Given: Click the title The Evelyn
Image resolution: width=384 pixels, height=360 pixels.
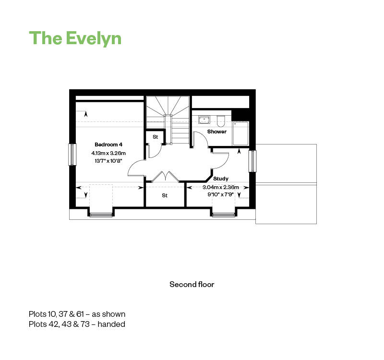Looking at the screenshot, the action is (x=75, y=38).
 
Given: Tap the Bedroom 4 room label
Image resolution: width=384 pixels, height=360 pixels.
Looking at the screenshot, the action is (x=108, y=144).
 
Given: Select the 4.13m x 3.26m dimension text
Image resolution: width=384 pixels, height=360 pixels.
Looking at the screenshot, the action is (x=108, y=153).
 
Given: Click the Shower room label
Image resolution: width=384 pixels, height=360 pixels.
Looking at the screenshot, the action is (x=217, y=132).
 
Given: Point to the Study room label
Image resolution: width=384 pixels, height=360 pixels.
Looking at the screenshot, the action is (x=221, y=179).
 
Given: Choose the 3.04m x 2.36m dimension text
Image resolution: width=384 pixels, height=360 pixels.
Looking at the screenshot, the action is (x=221, y=187).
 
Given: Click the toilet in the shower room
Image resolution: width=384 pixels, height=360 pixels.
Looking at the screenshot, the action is (x=221, y=121).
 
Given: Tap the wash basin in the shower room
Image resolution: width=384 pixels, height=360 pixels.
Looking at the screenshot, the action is (x=204, y=120).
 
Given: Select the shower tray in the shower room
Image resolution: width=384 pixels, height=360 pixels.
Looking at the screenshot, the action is (x=240, y=134).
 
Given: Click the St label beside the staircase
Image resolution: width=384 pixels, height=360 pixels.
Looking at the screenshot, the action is (x=155, y=137).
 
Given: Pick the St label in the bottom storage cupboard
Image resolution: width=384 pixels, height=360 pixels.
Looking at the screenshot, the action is (x=165, y=195).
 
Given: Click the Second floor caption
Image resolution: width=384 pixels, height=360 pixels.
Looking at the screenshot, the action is (x=192, y=284).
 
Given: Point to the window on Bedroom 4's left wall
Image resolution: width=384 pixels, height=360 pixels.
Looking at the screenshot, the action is (x=72, y=155).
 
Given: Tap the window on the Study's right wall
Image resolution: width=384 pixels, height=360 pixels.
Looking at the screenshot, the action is (x=253, y=161).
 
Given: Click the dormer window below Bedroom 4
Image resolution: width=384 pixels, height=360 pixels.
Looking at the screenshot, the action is (x=101, y=215).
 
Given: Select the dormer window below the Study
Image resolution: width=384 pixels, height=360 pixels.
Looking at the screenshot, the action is (x=224, y=215).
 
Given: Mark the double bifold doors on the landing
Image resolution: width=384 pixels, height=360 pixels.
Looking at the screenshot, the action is (x=166, y=176).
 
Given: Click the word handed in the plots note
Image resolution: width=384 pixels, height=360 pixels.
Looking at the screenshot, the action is (x=111, y=324).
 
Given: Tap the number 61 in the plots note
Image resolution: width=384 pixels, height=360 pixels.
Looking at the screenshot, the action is (x=80, y=314).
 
